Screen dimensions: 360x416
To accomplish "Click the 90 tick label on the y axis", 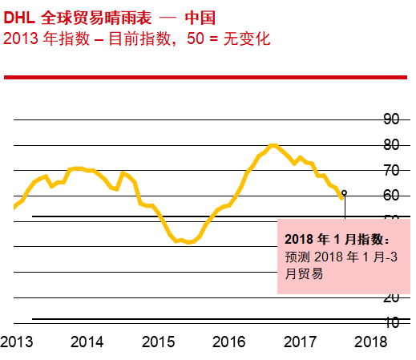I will [x=391, y=119].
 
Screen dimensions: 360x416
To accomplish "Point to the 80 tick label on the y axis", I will [x=391, y=145].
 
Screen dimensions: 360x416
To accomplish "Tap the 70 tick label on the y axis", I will [x=391, y=171].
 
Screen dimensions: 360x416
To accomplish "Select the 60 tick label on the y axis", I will [x=391, y=196].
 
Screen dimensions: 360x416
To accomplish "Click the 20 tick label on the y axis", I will [x=391, y=297].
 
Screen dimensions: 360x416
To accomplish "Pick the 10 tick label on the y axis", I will [x=391, y=322].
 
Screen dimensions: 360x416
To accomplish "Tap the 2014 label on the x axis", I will [x=87, y=342].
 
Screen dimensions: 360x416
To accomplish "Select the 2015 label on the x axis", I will [x=158, y=342].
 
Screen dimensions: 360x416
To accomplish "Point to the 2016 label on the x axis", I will [x=228, y=342].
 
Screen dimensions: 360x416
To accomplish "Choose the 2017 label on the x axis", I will [x=300, y=342].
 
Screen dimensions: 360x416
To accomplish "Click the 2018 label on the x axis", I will [x=370, y=342].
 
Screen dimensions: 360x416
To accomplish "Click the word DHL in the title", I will [x=18, y=15].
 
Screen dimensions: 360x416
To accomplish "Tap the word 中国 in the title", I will [x=197, y=15].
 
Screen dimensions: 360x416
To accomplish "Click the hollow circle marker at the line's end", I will [x=344, y=193].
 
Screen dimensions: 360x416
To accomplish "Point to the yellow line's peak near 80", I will [x=273, y=145].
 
